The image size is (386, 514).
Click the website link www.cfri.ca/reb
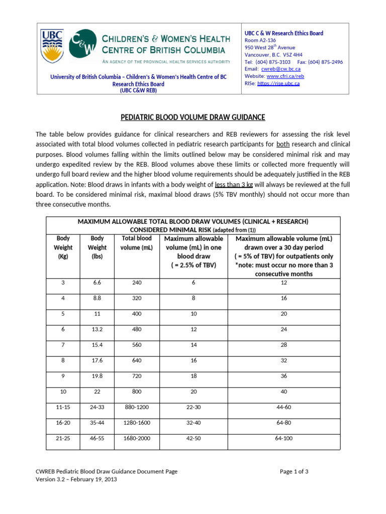coord(285,76)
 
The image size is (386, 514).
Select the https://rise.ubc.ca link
coord(278,83)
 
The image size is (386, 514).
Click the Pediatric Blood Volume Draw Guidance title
coord(193,117)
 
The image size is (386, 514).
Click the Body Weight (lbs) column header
coord(97,247)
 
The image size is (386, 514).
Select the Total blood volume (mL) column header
coord(137,243)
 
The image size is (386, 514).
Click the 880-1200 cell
coord(137,408)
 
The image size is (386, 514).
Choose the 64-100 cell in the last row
coord(284,438)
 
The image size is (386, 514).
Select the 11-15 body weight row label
coord(63,408)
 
